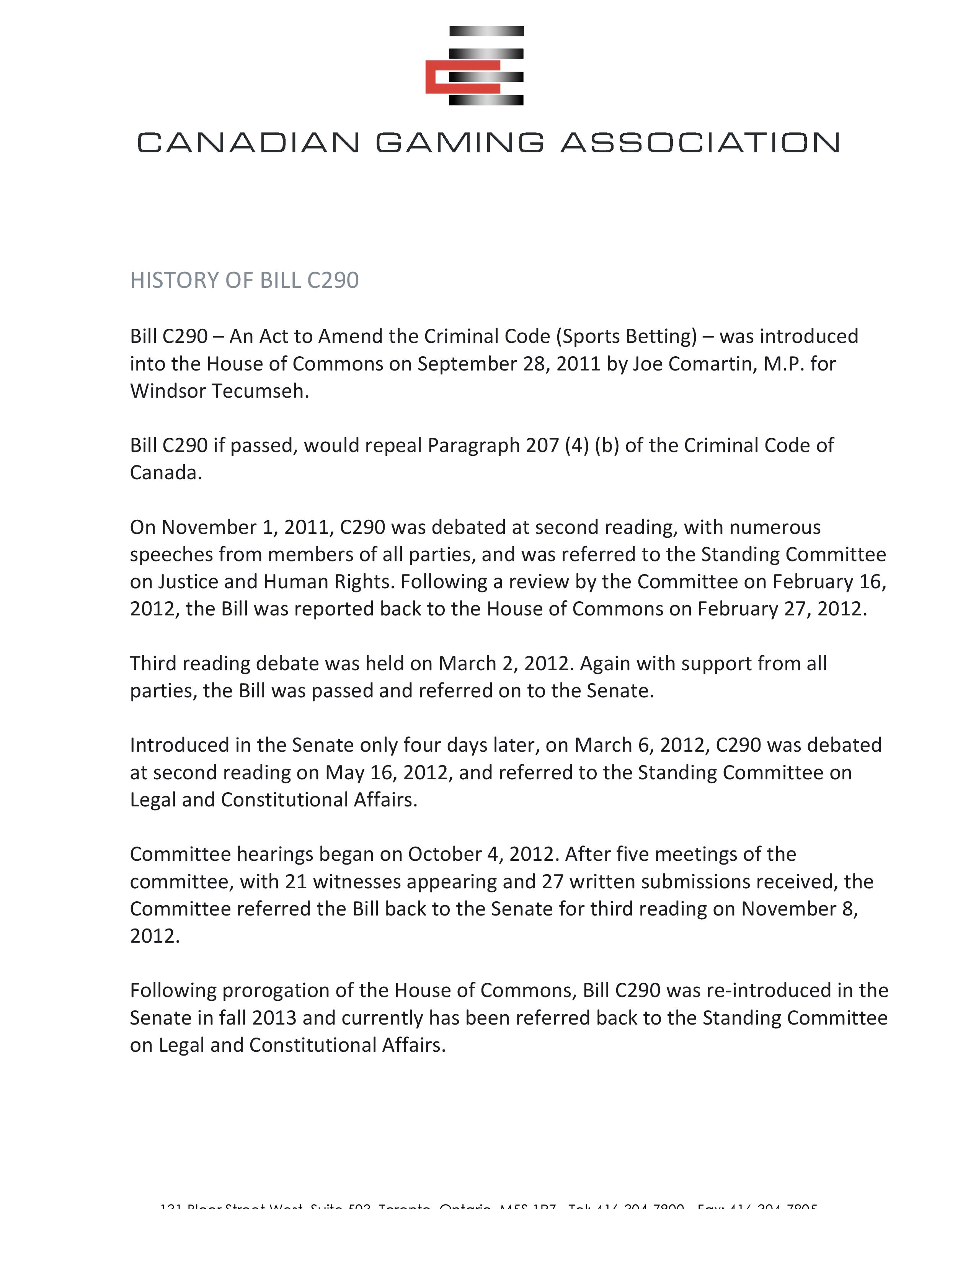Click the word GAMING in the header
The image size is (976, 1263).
pos(460,142)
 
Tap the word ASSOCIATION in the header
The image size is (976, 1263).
pos(700,142)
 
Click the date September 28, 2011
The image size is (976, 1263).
pos(509,364)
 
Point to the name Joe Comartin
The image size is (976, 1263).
pos(693,364)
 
